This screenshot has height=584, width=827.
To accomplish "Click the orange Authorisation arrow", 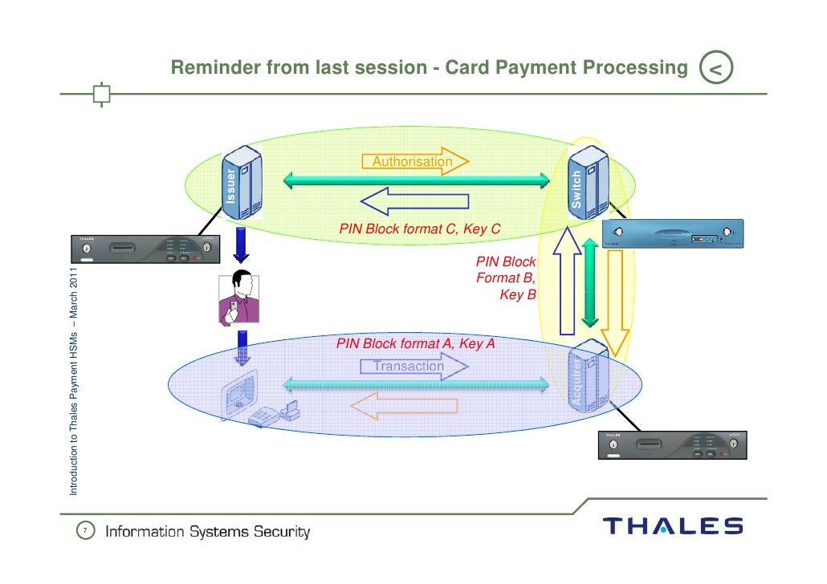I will coord(416,162).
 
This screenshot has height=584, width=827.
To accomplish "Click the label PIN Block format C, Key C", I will coord(419,229).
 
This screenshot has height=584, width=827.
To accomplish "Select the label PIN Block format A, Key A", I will coord(415,343).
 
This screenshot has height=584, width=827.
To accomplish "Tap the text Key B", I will coord(517,295).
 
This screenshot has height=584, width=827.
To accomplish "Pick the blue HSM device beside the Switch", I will coord(673,236).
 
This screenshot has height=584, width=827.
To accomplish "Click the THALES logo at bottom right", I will coord(673,526).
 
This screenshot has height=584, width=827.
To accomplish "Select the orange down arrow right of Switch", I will coord(616,302).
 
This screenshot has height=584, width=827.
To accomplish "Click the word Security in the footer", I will coord(281,532).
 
